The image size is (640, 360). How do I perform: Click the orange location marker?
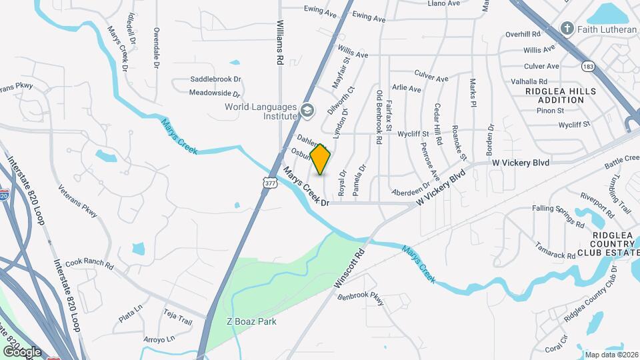click(x=321, y=159)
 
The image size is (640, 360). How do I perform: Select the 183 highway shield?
click(x=588, y=67)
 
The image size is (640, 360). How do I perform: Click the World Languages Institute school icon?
click(x=307, y=110)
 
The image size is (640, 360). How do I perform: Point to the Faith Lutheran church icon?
click(x=567, y=29)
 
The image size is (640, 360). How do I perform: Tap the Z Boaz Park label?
click(x=250, y=321)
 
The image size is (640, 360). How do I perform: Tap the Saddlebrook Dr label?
click(x=215, y=79)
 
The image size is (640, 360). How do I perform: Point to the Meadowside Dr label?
click(x=215, y=93)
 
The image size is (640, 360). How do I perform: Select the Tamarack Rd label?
click(x=555, y=251)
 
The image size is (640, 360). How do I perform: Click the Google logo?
click(x=22, y=351)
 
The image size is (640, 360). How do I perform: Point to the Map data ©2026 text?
click(x=611, y=355)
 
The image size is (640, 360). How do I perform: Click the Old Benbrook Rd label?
click(x=379, y=117)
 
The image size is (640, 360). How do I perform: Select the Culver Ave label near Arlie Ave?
click(x=431, y=78)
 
